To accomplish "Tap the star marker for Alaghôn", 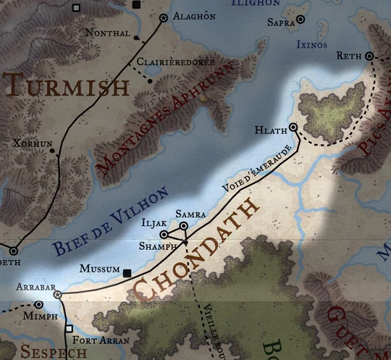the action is click(163, 17).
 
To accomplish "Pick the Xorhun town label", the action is click(33, 143).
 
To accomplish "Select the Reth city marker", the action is click(369, 56).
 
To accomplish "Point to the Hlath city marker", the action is click(293, 127).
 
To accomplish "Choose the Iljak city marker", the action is click(164, 235).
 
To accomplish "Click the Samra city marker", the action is click(184, 227).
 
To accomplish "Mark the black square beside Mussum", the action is click(128, 273).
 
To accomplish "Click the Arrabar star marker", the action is click(57, 295).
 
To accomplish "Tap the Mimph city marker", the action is click(38, 305).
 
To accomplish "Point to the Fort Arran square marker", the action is click(69, 328).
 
